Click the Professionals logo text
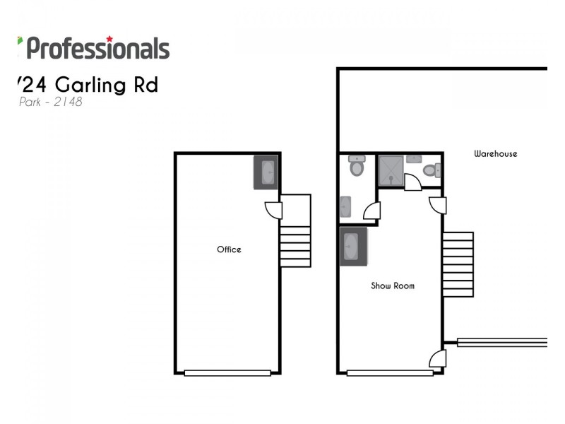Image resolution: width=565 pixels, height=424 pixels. [98, 49]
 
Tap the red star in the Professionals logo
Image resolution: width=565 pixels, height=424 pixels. [109, 38]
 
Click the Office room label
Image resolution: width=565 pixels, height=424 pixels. [229, 249]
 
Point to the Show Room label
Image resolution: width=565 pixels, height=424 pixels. [393, 286]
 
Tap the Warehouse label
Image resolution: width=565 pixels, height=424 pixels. [495, 153]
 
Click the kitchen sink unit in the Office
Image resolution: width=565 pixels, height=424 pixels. [266, 172]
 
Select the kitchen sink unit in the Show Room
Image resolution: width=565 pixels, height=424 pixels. [353, 247]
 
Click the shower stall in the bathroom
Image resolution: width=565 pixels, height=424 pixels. [391, 170]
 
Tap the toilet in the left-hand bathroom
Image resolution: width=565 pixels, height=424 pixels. [356, 167]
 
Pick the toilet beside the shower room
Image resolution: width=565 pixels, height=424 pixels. [431, 170]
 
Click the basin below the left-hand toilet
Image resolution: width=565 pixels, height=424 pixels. [346, 207]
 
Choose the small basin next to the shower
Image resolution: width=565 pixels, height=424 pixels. [415, 159]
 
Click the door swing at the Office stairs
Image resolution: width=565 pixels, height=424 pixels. [274, 210]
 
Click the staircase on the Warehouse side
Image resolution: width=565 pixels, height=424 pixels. [458, 264]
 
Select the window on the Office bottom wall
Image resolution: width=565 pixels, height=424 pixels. [227, 373]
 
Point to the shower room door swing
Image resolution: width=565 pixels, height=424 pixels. [413, 182]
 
